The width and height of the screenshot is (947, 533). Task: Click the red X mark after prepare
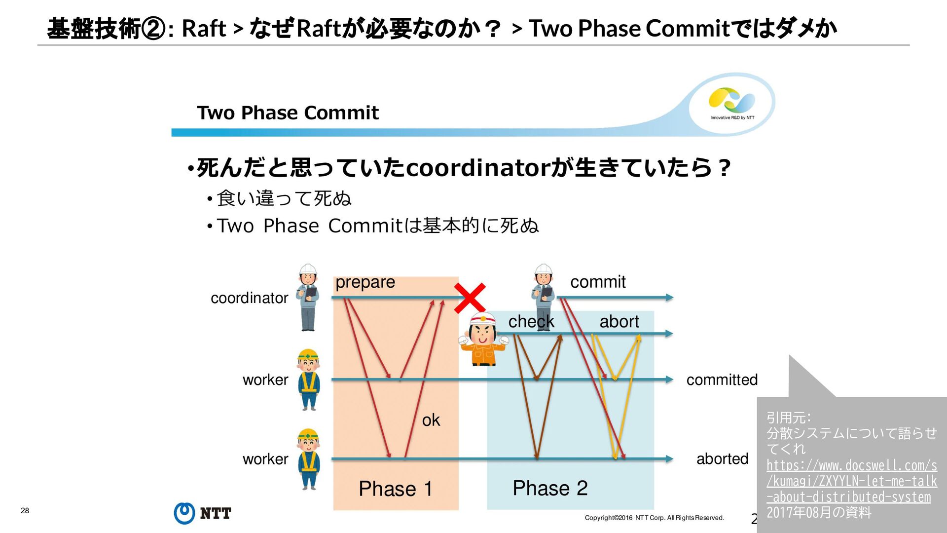[470, 298]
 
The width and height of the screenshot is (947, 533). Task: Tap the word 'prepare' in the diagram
[365, 282]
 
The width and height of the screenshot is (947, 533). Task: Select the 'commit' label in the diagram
[598, 282]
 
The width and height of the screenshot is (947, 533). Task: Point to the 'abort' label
[619, 322]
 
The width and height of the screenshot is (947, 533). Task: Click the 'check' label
[531, 322]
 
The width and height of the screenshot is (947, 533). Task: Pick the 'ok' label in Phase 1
[431, 420]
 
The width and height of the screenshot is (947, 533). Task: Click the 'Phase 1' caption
[395, 489]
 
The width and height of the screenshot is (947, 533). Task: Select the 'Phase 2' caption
[550, 488]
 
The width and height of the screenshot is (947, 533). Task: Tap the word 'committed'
[722, 380]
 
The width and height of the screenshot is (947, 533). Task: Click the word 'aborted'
[722, 459]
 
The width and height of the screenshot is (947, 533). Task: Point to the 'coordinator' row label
[249, 298]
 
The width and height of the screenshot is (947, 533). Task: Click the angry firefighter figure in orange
[483, 340]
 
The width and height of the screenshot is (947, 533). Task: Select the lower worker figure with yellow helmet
[309, 459]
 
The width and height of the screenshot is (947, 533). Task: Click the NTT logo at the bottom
[202, 513]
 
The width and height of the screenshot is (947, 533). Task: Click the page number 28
[25, 510]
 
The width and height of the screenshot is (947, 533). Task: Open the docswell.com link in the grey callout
[851, 481]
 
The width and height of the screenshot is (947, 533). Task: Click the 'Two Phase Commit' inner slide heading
[288, 113]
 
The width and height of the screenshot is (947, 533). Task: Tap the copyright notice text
[654, 518]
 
